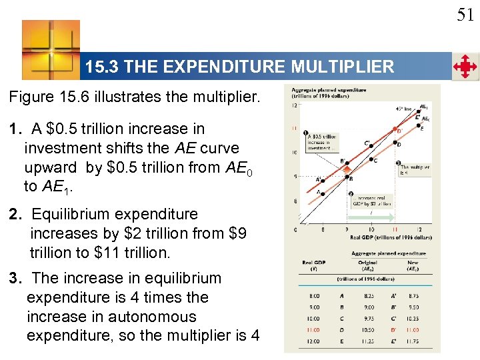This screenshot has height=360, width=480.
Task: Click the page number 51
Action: (x=465, y=15)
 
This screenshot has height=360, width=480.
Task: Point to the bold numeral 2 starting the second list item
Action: (x=13, y=215)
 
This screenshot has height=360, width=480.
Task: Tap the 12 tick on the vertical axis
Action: (x=295, y=105)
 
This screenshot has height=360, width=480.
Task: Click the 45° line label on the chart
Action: (x=405, y=109)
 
